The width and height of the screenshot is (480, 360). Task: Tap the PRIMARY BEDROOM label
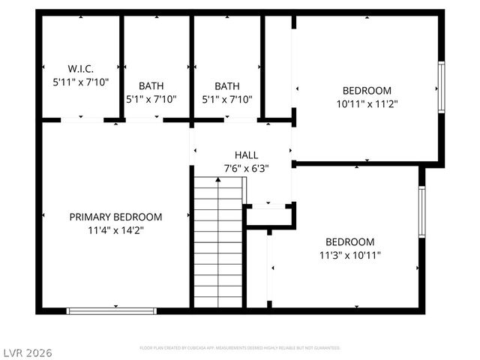click(115, 217)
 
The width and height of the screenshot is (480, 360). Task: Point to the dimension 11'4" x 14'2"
click(115, 230)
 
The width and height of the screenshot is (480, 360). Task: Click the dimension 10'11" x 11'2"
click(367, 104)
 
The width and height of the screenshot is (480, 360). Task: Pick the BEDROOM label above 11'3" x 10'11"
click(349, 241)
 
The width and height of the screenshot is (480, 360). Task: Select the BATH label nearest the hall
click(227, 86)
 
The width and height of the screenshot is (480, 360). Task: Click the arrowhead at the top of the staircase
click(218, 180)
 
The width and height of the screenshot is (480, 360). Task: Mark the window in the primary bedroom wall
click(111, 310)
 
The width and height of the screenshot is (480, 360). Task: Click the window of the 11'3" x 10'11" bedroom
click(422, 211)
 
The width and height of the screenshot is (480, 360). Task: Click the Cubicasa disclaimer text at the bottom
click(240, 348)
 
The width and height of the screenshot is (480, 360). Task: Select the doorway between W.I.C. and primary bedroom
click(82, 120)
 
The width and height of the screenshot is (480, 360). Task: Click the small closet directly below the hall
click(268, 217)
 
